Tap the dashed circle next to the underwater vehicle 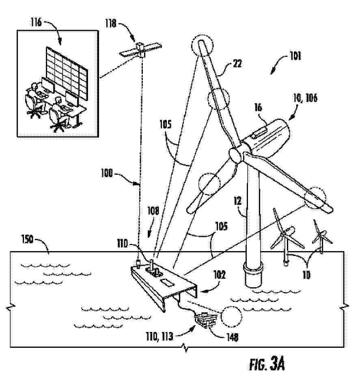click(231, 316)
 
